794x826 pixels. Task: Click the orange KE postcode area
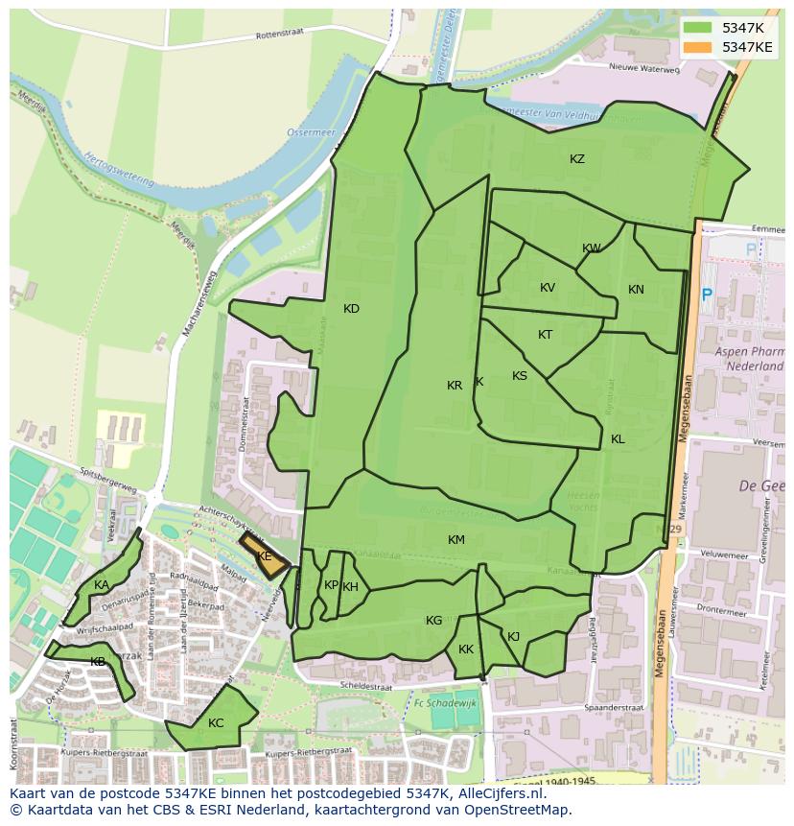tap(264, 556)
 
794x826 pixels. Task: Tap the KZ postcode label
tap(577, 159)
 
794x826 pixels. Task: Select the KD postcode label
tap(351, 309)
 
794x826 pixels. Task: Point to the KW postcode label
tap(592, 248)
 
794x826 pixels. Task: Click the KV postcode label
tap(548, 288)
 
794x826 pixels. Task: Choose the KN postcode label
tap(636, 290)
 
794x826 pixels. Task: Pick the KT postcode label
tap(545, 335)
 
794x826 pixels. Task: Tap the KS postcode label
tap(520, 376)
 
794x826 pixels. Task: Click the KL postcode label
tap(618, 439)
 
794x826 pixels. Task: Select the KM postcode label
tap(456, 540)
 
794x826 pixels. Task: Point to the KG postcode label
tap(434, 621)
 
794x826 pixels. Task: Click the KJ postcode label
tap(513, 637)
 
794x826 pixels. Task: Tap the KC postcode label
tap(216, 723)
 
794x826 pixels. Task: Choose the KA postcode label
tap(102, 585)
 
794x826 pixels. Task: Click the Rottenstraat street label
tap(278, 35)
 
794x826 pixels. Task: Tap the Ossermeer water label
tap(308, 132)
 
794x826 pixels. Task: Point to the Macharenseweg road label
tap(200, 302)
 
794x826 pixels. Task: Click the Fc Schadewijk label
tap(446, 702)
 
